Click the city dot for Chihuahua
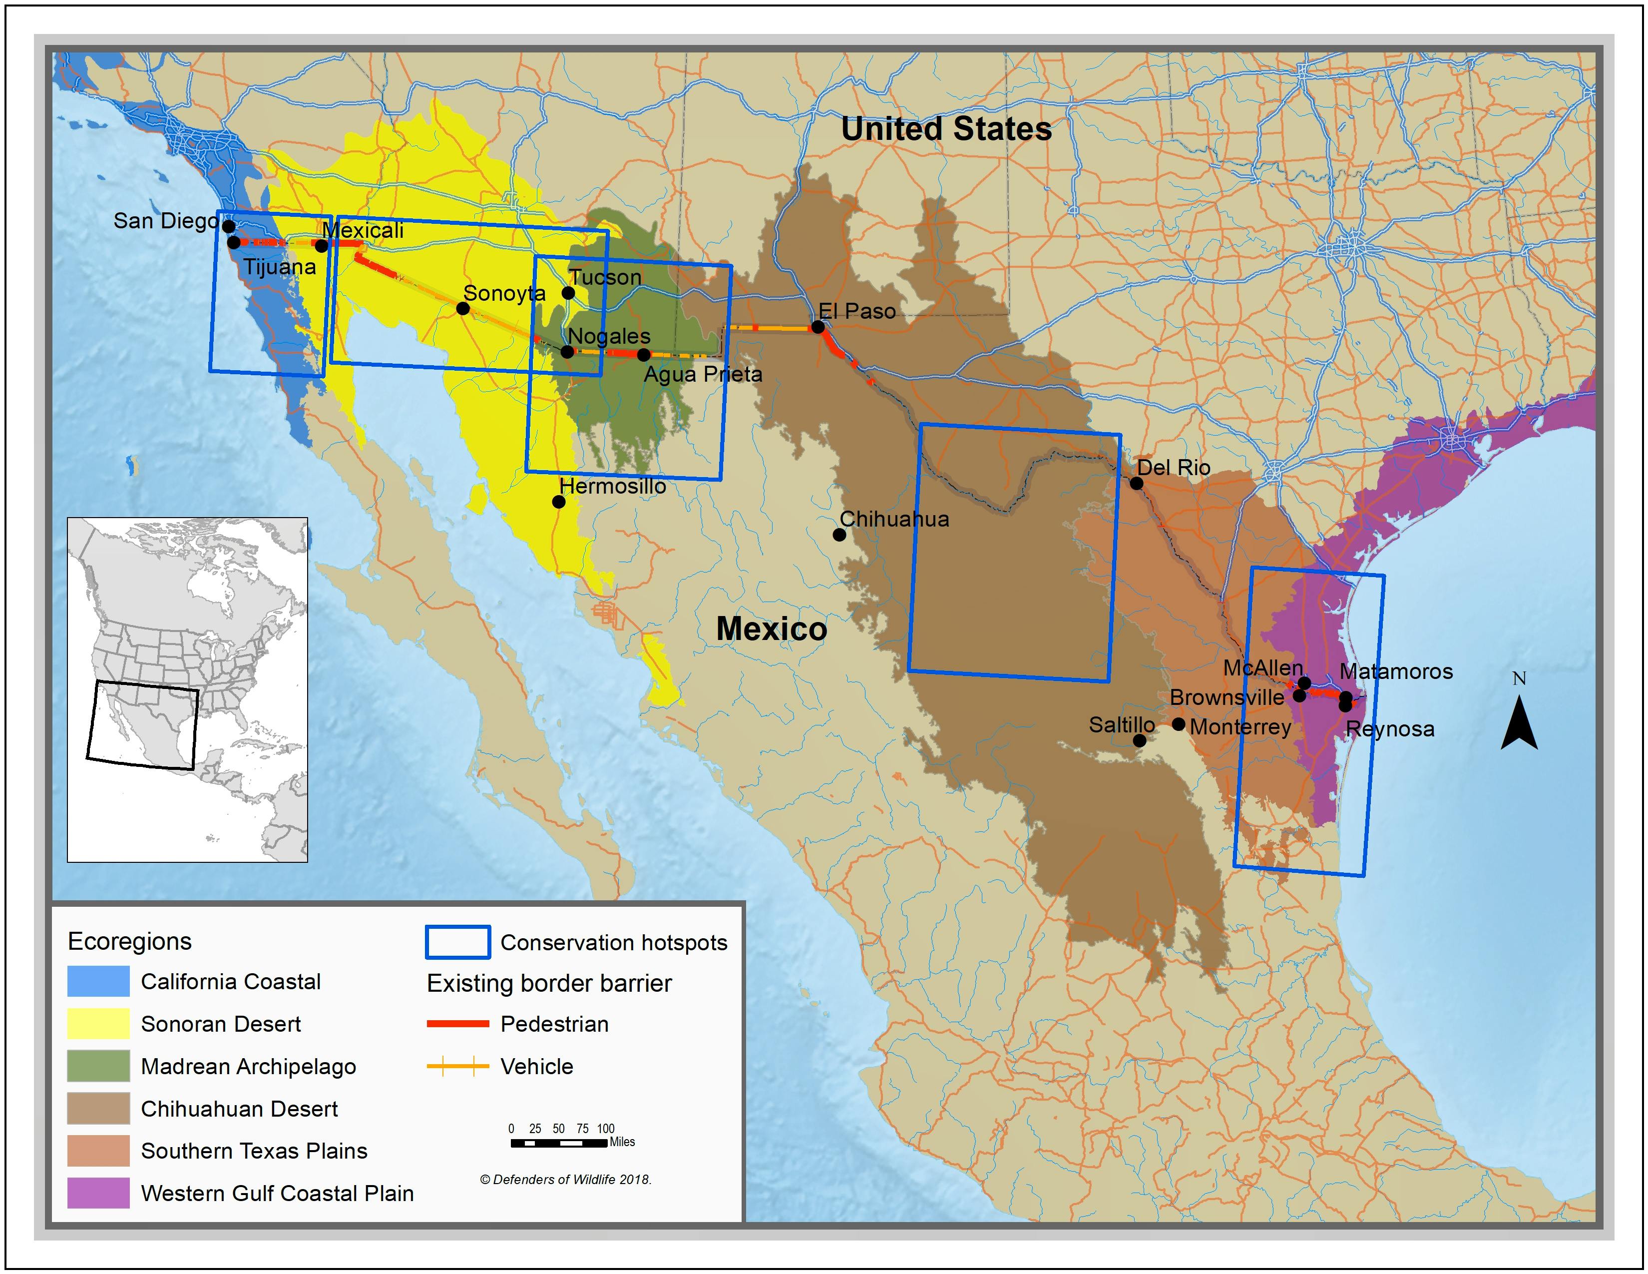[839, 535]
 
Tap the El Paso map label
[857, 311]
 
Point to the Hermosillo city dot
[558, 501]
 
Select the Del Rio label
[1174, 467]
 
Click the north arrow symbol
[1519, 722]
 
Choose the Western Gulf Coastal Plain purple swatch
[98, 1193]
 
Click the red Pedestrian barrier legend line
[458, 1024]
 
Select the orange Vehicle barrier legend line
[458, 1067]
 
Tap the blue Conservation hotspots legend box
[458, 942]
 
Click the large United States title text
[946, 129]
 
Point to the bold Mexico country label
[771, 629]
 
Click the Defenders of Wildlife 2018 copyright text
[566, 1180]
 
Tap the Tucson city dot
[568, 293]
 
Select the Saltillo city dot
[1140, 740]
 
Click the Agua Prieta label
[703, 374]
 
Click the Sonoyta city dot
[462, 308]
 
